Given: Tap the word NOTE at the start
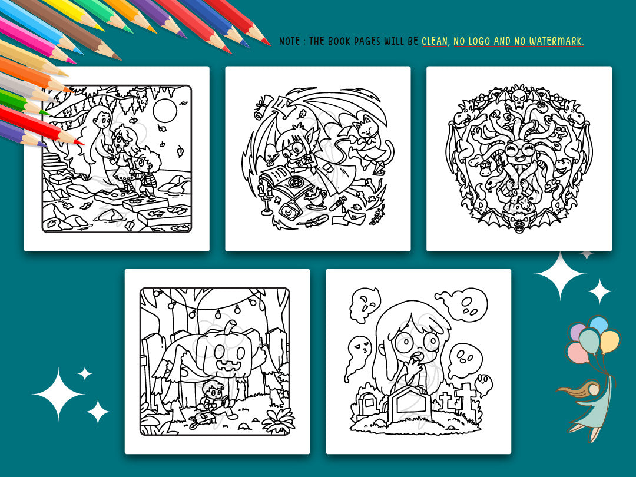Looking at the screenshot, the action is coord(290,41).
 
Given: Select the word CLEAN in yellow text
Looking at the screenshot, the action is coord(435,41).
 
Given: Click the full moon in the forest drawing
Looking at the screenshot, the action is coord(165,110).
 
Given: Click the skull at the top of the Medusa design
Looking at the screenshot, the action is coord(519,97).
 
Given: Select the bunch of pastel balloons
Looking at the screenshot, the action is coord(592,339).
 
